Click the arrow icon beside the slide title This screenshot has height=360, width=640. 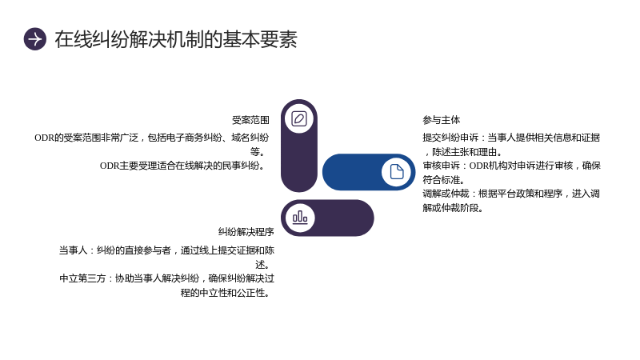point(35,39)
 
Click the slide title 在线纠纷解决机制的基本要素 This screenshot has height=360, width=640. point(176,39)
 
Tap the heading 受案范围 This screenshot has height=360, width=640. point(250,120)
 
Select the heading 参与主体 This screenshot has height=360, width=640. point(442,120)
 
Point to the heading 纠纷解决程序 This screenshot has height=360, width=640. point(246,232)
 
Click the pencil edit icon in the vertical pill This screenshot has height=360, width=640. point(299,118)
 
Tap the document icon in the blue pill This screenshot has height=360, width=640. point(396,172)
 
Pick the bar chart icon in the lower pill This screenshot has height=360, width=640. point(300,217)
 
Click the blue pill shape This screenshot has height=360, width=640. point(369,172)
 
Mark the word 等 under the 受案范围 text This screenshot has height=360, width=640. point(255,152)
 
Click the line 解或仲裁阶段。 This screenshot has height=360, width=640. point(453,208)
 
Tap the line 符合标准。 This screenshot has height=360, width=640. point(444,179)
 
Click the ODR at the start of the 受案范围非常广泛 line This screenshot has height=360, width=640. point(44,138)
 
